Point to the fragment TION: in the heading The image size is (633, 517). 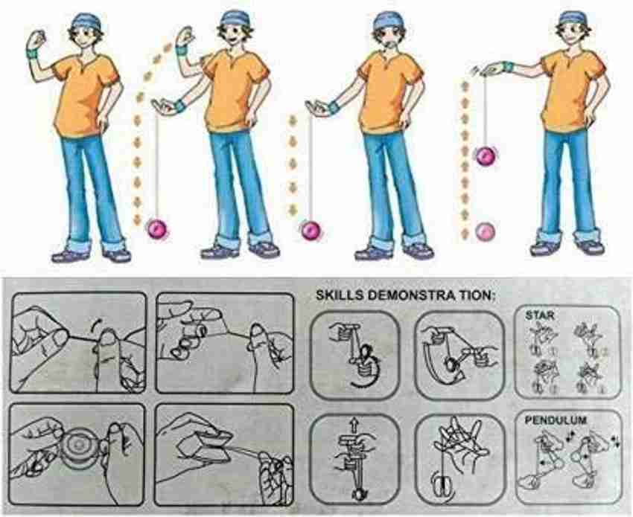coord(473,295)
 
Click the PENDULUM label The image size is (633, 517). coord(547,421)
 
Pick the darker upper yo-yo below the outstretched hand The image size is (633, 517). coord(486,155)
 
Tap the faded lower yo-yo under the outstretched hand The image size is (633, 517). coord(486,230)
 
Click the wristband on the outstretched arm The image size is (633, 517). coord(509,68)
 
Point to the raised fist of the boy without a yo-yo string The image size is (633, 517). coord(36,39)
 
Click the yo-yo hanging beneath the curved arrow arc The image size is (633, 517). coord(158,228)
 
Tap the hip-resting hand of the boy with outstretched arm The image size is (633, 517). coord(590,118)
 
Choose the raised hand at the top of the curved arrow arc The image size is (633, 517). coord(184,37)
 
